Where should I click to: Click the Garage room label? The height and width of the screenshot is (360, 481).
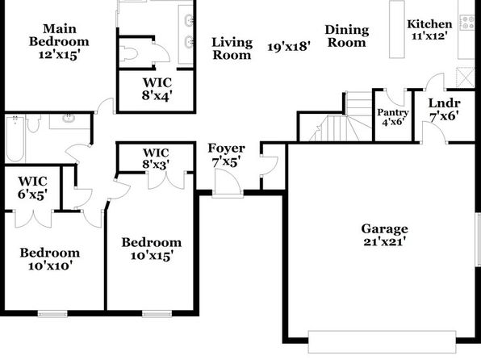point(384,229)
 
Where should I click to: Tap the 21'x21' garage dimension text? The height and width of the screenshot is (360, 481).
point(385,242)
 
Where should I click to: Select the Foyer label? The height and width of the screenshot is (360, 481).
point(227,149)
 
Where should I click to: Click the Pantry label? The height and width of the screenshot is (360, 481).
point(393,113)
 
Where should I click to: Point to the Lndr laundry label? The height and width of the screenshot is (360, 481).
point(444,103)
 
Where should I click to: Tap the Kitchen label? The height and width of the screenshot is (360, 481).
point(429,24)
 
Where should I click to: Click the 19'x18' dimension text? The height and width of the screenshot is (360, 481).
point(289,47)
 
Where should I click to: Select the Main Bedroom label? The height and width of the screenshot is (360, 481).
point(59,35)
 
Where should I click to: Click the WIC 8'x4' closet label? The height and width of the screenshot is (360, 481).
point(157,90)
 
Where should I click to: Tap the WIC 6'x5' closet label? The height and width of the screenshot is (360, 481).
point(32,188)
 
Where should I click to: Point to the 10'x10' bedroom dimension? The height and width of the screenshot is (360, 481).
point(50,266)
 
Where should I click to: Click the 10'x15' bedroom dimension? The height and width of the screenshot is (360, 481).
point(152,255)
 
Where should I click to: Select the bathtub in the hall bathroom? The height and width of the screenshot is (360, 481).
point(15,139)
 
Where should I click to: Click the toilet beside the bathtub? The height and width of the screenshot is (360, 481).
point(33,123)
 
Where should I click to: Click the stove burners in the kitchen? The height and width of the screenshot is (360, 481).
point(466,23)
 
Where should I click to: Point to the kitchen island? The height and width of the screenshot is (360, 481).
point(397,29)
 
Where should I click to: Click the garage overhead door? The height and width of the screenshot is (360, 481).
point(382,342)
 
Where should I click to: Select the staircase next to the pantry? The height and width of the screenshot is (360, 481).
point(341,116)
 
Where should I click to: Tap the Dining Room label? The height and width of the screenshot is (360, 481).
point(347,36)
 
